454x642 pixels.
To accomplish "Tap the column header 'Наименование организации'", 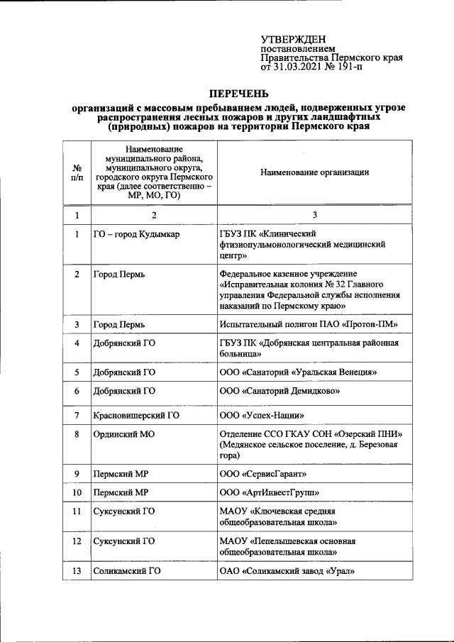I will point(314,172).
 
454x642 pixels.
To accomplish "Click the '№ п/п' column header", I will point(77,172).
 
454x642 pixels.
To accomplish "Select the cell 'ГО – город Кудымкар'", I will point(136,233).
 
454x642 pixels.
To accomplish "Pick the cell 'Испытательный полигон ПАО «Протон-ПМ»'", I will point(309,324).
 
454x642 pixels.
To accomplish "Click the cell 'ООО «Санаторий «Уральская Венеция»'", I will point(298,371).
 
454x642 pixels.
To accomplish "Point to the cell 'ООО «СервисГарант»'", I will point(264,473).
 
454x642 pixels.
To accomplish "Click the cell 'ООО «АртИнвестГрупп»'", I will point(270,492).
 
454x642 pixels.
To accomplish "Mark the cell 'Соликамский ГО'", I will point(128,571).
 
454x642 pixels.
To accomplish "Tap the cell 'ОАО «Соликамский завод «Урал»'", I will point(287,571).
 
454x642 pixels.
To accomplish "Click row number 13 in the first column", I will point(77,571).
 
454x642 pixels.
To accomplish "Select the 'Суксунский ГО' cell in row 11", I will point(124,510).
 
